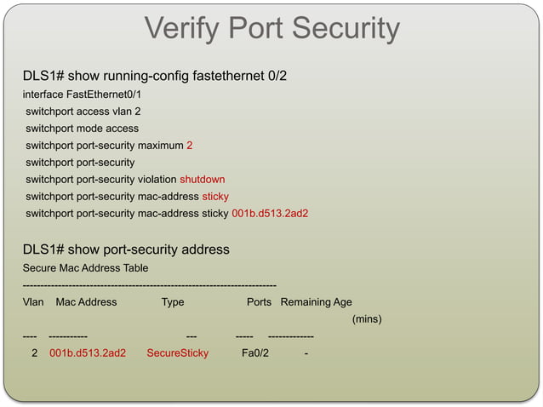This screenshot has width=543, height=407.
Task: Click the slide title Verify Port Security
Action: point(271,29)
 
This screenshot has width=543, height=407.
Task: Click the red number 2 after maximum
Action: point(189,146)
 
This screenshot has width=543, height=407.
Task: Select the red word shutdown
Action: point(202,180)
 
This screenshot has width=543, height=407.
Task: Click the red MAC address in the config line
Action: point(270,214)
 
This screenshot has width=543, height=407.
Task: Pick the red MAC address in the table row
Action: point(88,353)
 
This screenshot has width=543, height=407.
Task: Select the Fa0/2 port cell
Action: point(254,353)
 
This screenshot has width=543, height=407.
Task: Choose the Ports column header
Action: point(259,302)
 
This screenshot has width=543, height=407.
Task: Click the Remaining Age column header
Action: point(316,302)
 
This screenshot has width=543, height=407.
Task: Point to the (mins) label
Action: point(367,320)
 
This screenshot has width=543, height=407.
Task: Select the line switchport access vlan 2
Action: point(83,112)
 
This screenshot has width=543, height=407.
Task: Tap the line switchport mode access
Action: point(82,129)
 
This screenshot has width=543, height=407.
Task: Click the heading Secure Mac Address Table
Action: point(85,267)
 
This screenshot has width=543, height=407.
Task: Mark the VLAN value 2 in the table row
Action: point(34,353)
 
